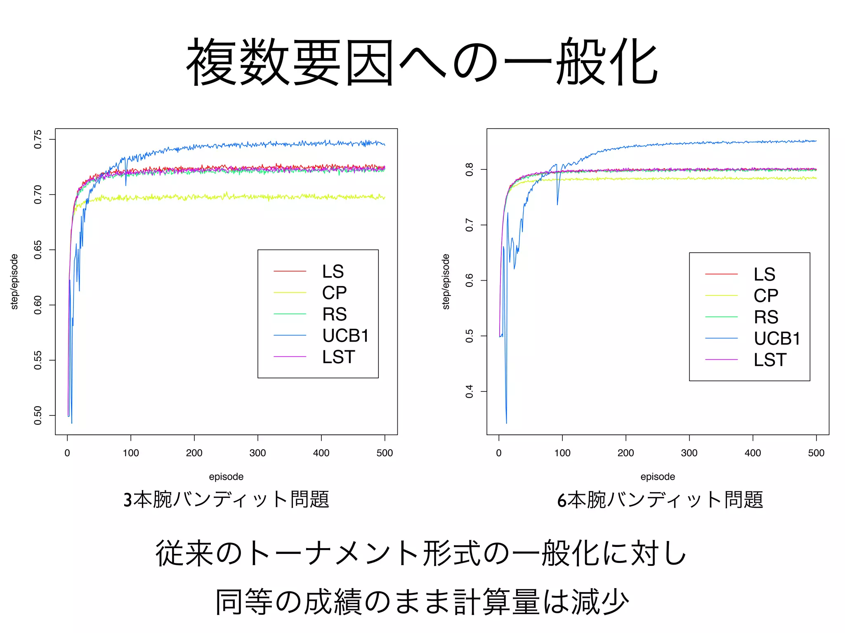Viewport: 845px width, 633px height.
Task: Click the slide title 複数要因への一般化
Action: (422, 62)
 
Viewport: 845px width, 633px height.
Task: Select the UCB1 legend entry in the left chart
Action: (345, 335)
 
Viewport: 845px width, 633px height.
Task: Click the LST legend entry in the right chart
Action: (770, 360)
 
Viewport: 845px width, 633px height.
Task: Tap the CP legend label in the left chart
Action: (334, 293)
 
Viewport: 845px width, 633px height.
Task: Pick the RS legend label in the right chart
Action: (766, 317)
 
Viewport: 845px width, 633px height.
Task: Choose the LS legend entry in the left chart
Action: (333, 272)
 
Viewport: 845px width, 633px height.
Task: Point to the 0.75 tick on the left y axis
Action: (38, 139)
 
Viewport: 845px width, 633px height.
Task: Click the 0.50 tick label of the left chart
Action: (38, 415)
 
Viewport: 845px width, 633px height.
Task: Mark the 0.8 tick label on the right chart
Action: (470, 169)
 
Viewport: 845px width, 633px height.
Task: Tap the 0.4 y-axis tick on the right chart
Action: (470, 392)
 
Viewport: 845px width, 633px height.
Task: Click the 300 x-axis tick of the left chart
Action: (257, 453)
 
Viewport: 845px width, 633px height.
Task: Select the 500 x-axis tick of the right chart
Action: (816, 453)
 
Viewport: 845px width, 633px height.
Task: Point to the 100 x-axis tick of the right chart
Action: (562, 453)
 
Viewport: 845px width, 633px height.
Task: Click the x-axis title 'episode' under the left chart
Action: (226, 477)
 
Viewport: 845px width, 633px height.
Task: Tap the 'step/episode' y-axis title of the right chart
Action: (446, 281)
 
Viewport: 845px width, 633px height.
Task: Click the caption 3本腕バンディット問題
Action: (226, 499)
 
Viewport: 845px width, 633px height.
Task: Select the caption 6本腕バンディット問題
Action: (660, 499)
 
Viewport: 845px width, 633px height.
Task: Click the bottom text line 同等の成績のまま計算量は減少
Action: (422, 602)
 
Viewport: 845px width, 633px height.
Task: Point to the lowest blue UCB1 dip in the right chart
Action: (506, 422)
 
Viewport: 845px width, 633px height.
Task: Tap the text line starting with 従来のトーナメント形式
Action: (421, 553)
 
